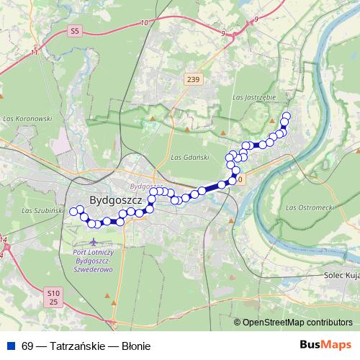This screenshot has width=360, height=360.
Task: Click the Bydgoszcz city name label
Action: pyautogui.click(x=116, y=199)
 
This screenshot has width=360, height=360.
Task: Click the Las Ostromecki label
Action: pyautogui.click(x=310, y=207)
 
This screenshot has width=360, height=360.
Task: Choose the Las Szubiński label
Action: pyautogui.click(x=38, y=210)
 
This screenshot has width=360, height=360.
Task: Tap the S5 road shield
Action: pyautogui.click(x=74, y=30)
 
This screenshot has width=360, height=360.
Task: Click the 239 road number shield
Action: pyautogui.click(x=191, y=79)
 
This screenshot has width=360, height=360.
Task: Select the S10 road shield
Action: pyautogui.click(x=51, y=293)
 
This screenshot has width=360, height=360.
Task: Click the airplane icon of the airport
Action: pyautogui.click(x=94, y=242)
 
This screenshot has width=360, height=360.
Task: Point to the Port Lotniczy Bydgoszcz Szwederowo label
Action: pyautogui.click(x=94, y=260)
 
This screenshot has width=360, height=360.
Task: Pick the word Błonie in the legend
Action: pyautogui.click(x=135, y=346)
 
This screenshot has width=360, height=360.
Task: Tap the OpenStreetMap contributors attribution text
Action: pyautogui.click(x=297, y=323)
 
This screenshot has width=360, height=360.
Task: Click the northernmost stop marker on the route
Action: pyautogui.click(x=287, y=116)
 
